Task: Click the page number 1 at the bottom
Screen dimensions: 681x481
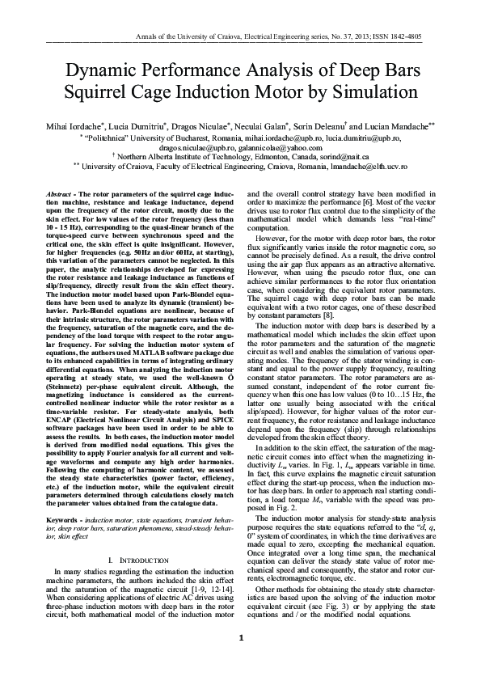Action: coord(241,659)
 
